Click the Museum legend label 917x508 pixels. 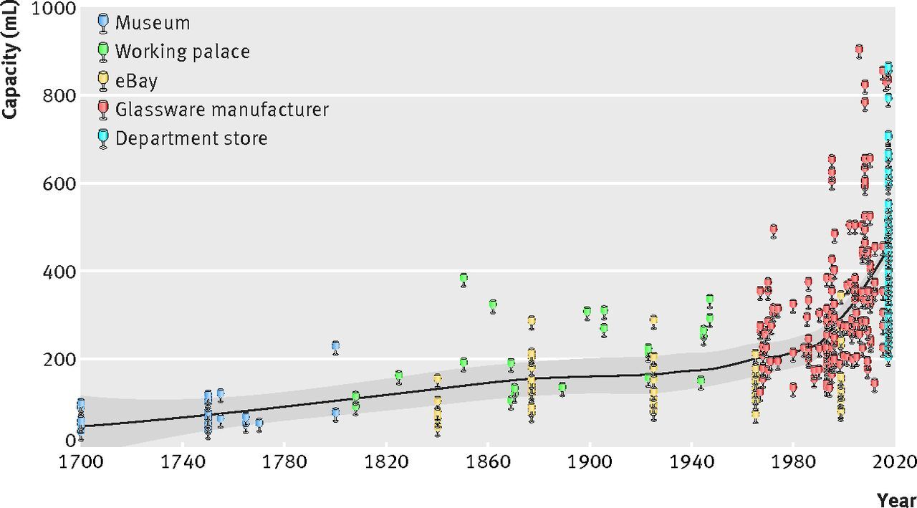153,23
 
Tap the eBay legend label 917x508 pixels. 136,80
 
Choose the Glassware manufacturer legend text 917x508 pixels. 222,109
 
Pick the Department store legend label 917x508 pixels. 191,138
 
